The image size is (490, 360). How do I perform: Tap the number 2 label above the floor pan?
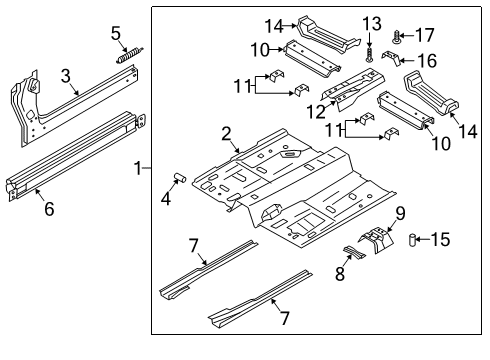pos(226,134)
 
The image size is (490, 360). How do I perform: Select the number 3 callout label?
pos(65,76)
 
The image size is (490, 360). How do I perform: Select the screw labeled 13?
pos(370,48)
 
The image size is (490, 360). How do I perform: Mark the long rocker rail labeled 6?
pos(70,165)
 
